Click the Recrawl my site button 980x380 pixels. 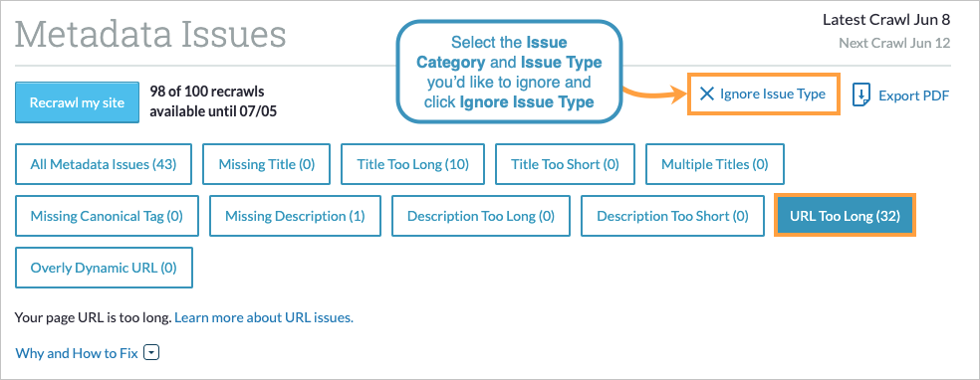click(x=77, y=102)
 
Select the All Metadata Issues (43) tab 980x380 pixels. click(x=104, y=164)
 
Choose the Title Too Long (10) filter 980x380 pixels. click(x=412, y=164)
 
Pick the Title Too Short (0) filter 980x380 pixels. click(x=565, y=164)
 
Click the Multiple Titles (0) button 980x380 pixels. click(x=715, y=164)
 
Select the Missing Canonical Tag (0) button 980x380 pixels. click(x=107, y=215)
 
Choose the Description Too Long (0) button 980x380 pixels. click(x=481, y=215)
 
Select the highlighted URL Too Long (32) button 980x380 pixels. click(x=845, y=215)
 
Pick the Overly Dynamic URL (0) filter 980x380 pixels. click(x=104, y=267)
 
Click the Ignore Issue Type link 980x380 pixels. click(x=773, y=94)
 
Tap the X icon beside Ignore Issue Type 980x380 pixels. click(x=707, y=94)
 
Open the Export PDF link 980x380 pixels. click(x=913, y=95)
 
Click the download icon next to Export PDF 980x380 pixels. click(x=862, y=95)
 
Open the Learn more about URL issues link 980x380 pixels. click(x=264, y=318)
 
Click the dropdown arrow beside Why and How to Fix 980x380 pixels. click(x=151, y=352)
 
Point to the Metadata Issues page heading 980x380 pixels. click(x=151, y=35)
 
